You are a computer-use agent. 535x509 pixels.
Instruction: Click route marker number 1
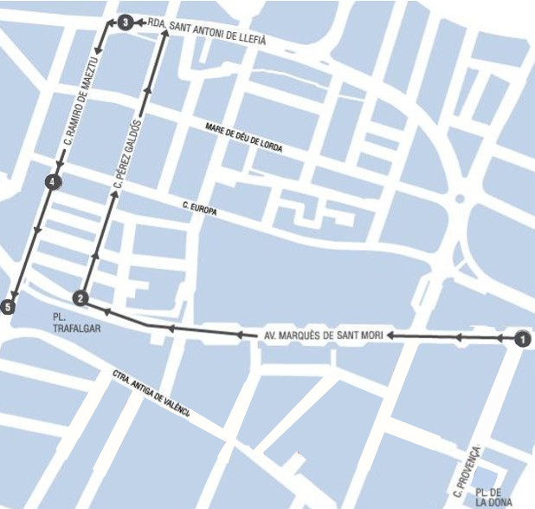point(521,340)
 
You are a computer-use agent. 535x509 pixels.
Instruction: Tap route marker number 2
point(81,298)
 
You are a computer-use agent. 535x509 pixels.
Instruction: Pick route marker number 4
point(54,182)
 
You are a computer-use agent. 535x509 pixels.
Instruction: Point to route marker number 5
point(10,306)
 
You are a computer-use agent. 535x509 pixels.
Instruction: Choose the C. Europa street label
point(198,207)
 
